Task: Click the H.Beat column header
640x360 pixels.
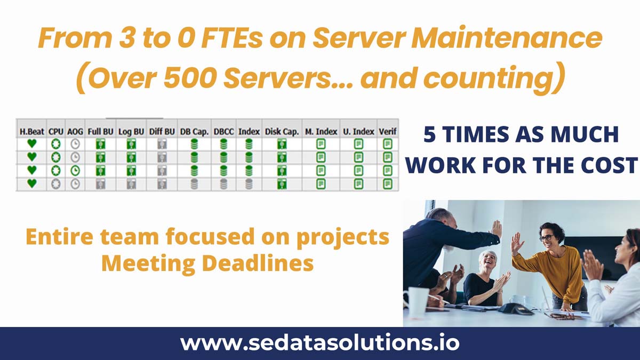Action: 31,132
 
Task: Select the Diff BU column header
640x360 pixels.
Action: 162,132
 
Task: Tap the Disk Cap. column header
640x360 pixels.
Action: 282,132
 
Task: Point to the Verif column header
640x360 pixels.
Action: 387,132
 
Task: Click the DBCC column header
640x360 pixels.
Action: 223,132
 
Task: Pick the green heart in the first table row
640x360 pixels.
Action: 31,143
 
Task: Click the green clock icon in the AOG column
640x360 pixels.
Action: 75,171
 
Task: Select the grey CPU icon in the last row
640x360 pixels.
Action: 55,183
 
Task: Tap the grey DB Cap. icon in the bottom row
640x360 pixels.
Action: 194,183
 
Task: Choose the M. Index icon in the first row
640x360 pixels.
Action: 321,144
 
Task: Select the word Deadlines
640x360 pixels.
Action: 258,263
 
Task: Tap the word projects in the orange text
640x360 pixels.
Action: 343,238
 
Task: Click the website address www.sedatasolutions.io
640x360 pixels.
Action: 320,343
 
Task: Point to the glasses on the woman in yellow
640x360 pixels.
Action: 546,238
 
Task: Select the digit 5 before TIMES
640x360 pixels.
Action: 429,134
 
